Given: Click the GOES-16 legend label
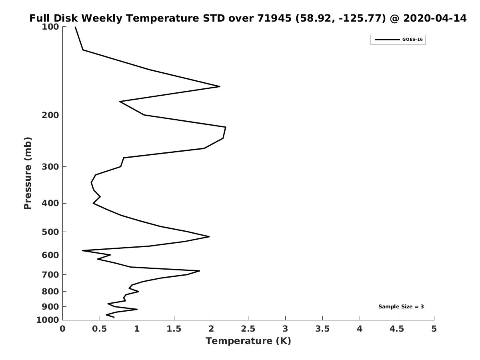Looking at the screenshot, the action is pos(412,40).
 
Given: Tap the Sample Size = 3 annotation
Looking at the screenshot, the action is pos(401,307).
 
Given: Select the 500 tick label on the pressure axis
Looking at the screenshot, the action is pos(50,232).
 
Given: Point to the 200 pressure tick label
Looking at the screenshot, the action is pos(50,115).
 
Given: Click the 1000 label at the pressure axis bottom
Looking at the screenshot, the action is pos(48,320).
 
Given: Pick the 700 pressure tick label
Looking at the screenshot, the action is pos(50,274).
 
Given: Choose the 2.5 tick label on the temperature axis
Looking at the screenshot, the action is pos(248,329).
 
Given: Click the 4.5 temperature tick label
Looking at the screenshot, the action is pos(397,329).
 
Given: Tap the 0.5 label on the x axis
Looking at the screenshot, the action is pos(100,329).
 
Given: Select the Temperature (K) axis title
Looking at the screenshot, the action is pos(248,341).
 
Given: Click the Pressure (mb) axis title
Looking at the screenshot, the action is pos(28,173).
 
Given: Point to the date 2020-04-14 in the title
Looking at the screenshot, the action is pos(435,18).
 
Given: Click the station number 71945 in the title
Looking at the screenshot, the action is pos(274,18).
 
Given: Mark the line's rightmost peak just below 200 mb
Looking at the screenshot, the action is pos(226,127).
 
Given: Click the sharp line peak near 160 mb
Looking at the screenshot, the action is pos(220,86).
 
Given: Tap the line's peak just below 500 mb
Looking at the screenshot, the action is pos(209,236).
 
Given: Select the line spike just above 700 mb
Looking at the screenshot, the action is pos(200,271).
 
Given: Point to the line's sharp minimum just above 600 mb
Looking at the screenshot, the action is pos(82,250).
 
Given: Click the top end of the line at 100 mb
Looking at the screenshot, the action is pos(75,27).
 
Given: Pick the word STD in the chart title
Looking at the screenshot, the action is pos(214,18).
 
